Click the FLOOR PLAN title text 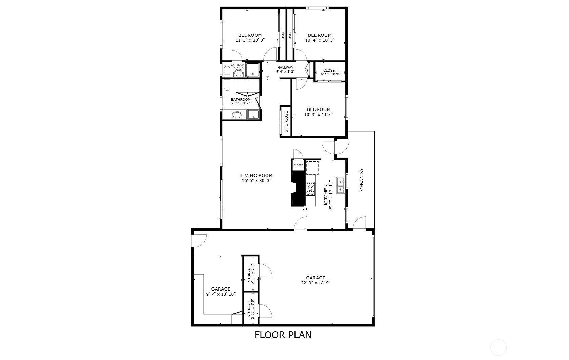click(283, 335)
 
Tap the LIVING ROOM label click(256, 175)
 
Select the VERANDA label click(362, 180)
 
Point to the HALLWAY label click(285, 67)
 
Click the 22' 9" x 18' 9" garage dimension click(316, 283)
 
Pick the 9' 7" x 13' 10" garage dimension click(221, 294)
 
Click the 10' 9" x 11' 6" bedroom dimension click(319, 114)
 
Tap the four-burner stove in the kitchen click(310, 188)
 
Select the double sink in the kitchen click(340, 185)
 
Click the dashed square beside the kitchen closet click(312, 168)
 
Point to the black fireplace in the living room click(298, 189)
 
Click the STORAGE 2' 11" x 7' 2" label click(251, 274)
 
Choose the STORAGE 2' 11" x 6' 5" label click(251, 308)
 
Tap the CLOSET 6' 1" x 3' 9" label click(330, 72)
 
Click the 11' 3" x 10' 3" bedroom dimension click(250, 40)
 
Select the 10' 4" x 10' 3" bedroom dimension click(320, 40)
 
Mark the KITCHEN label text click(326, 195)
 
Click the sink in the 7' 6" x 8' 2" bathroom click(237, 116)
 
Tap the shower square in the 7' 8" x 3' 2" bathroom click(252, 69)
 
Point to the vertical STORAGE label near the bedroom click(286, 122)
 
